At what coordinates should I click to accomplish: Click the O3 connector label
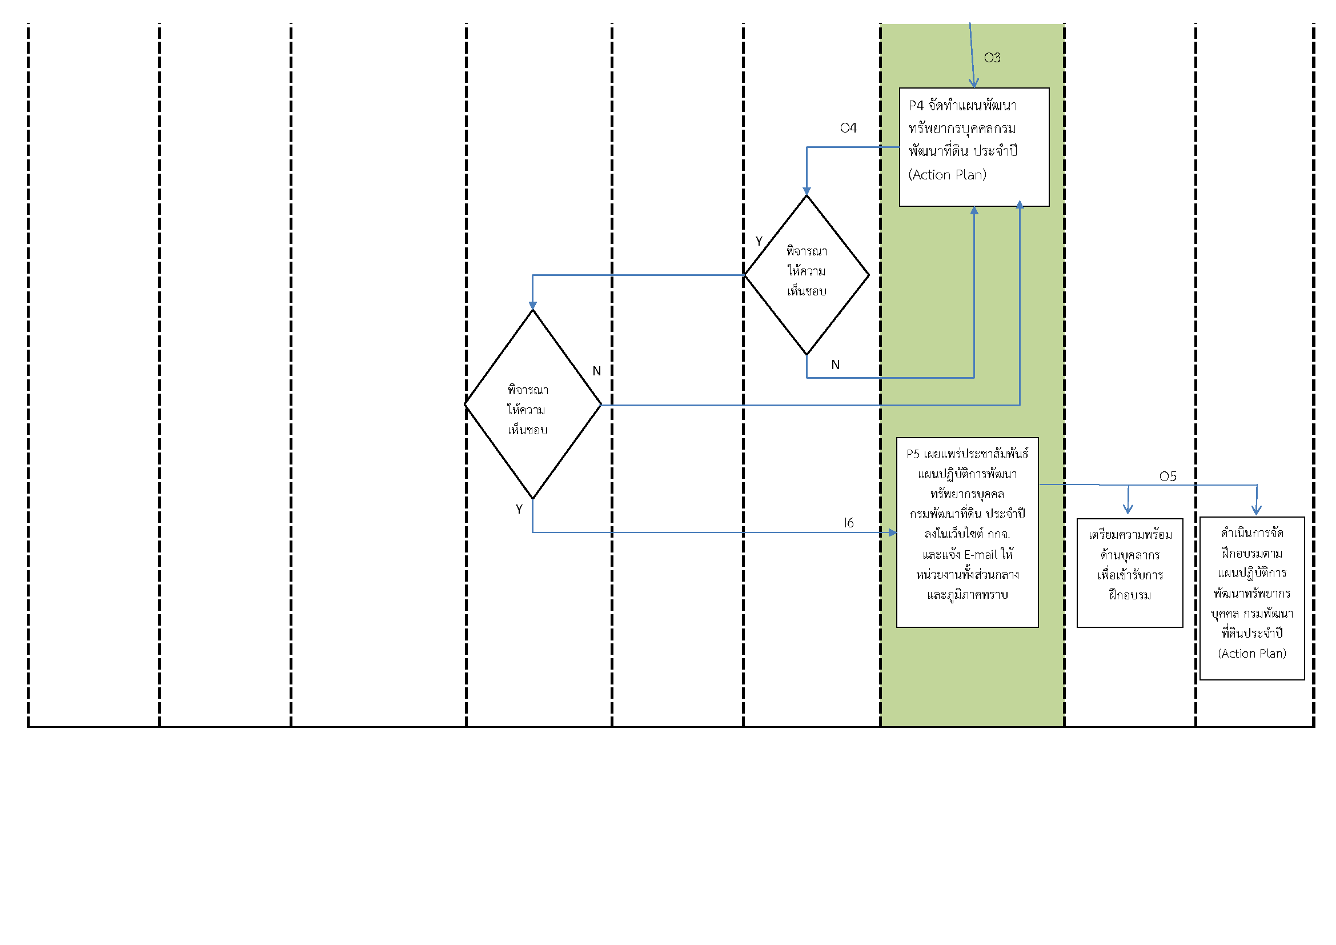(x=992, y=58)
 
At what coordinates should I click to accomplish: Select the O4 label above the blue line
(x=848, y=128)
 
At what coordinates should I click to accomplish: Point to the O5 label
(x=1168, y=476)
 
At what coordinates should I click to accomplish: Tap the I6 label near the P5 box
(x=848, y=523)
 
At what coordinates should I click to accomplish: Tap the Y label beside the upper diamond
(x=758, y=241)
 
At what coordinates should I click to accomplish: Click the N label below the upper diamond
(x=835, y=365)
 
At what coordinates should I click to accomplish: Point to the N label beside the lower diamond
(x=596, y=371)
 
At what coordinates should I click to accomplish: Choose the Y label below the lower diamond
(x=519, y=510)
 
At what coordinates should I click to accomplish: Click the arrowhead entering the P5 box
(x=893, y=532)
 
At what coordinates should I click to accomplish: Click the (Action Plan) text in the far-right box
(x=1251, y=654)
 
